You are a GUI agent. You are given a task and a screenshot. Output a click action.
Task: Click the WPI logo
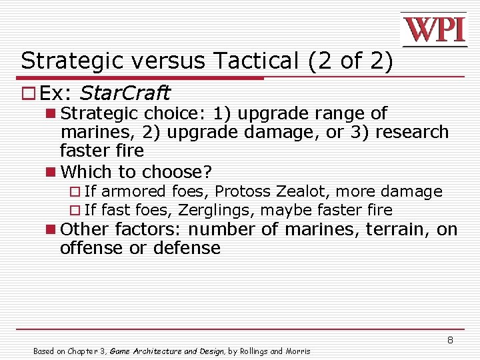(434, 29)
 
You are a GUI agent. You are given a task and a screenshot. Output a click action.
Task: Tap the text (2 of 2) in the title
(351, 61)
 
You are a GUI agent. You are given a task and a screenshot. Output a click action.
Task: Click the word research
(412, 132)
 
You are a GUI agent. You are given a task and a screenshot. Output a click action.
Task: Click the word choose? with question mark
(182, 172)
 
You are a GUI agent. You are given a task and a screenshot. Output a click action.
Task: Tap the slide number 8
(450, 340)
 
